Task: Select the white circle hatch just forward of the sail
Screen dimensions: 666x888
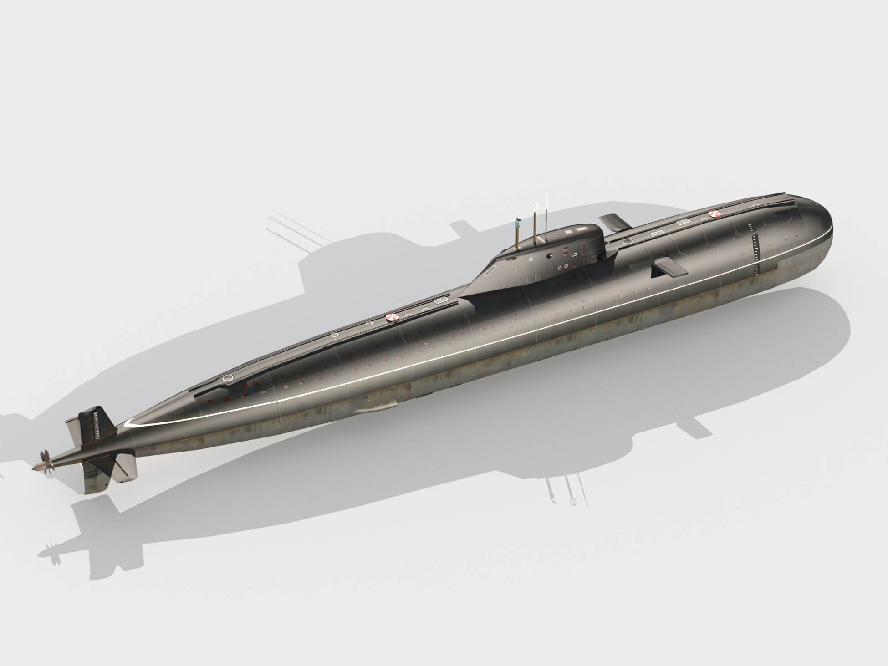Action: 628,241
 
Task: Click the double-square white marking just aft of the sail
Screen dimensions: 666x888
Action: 441,301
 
